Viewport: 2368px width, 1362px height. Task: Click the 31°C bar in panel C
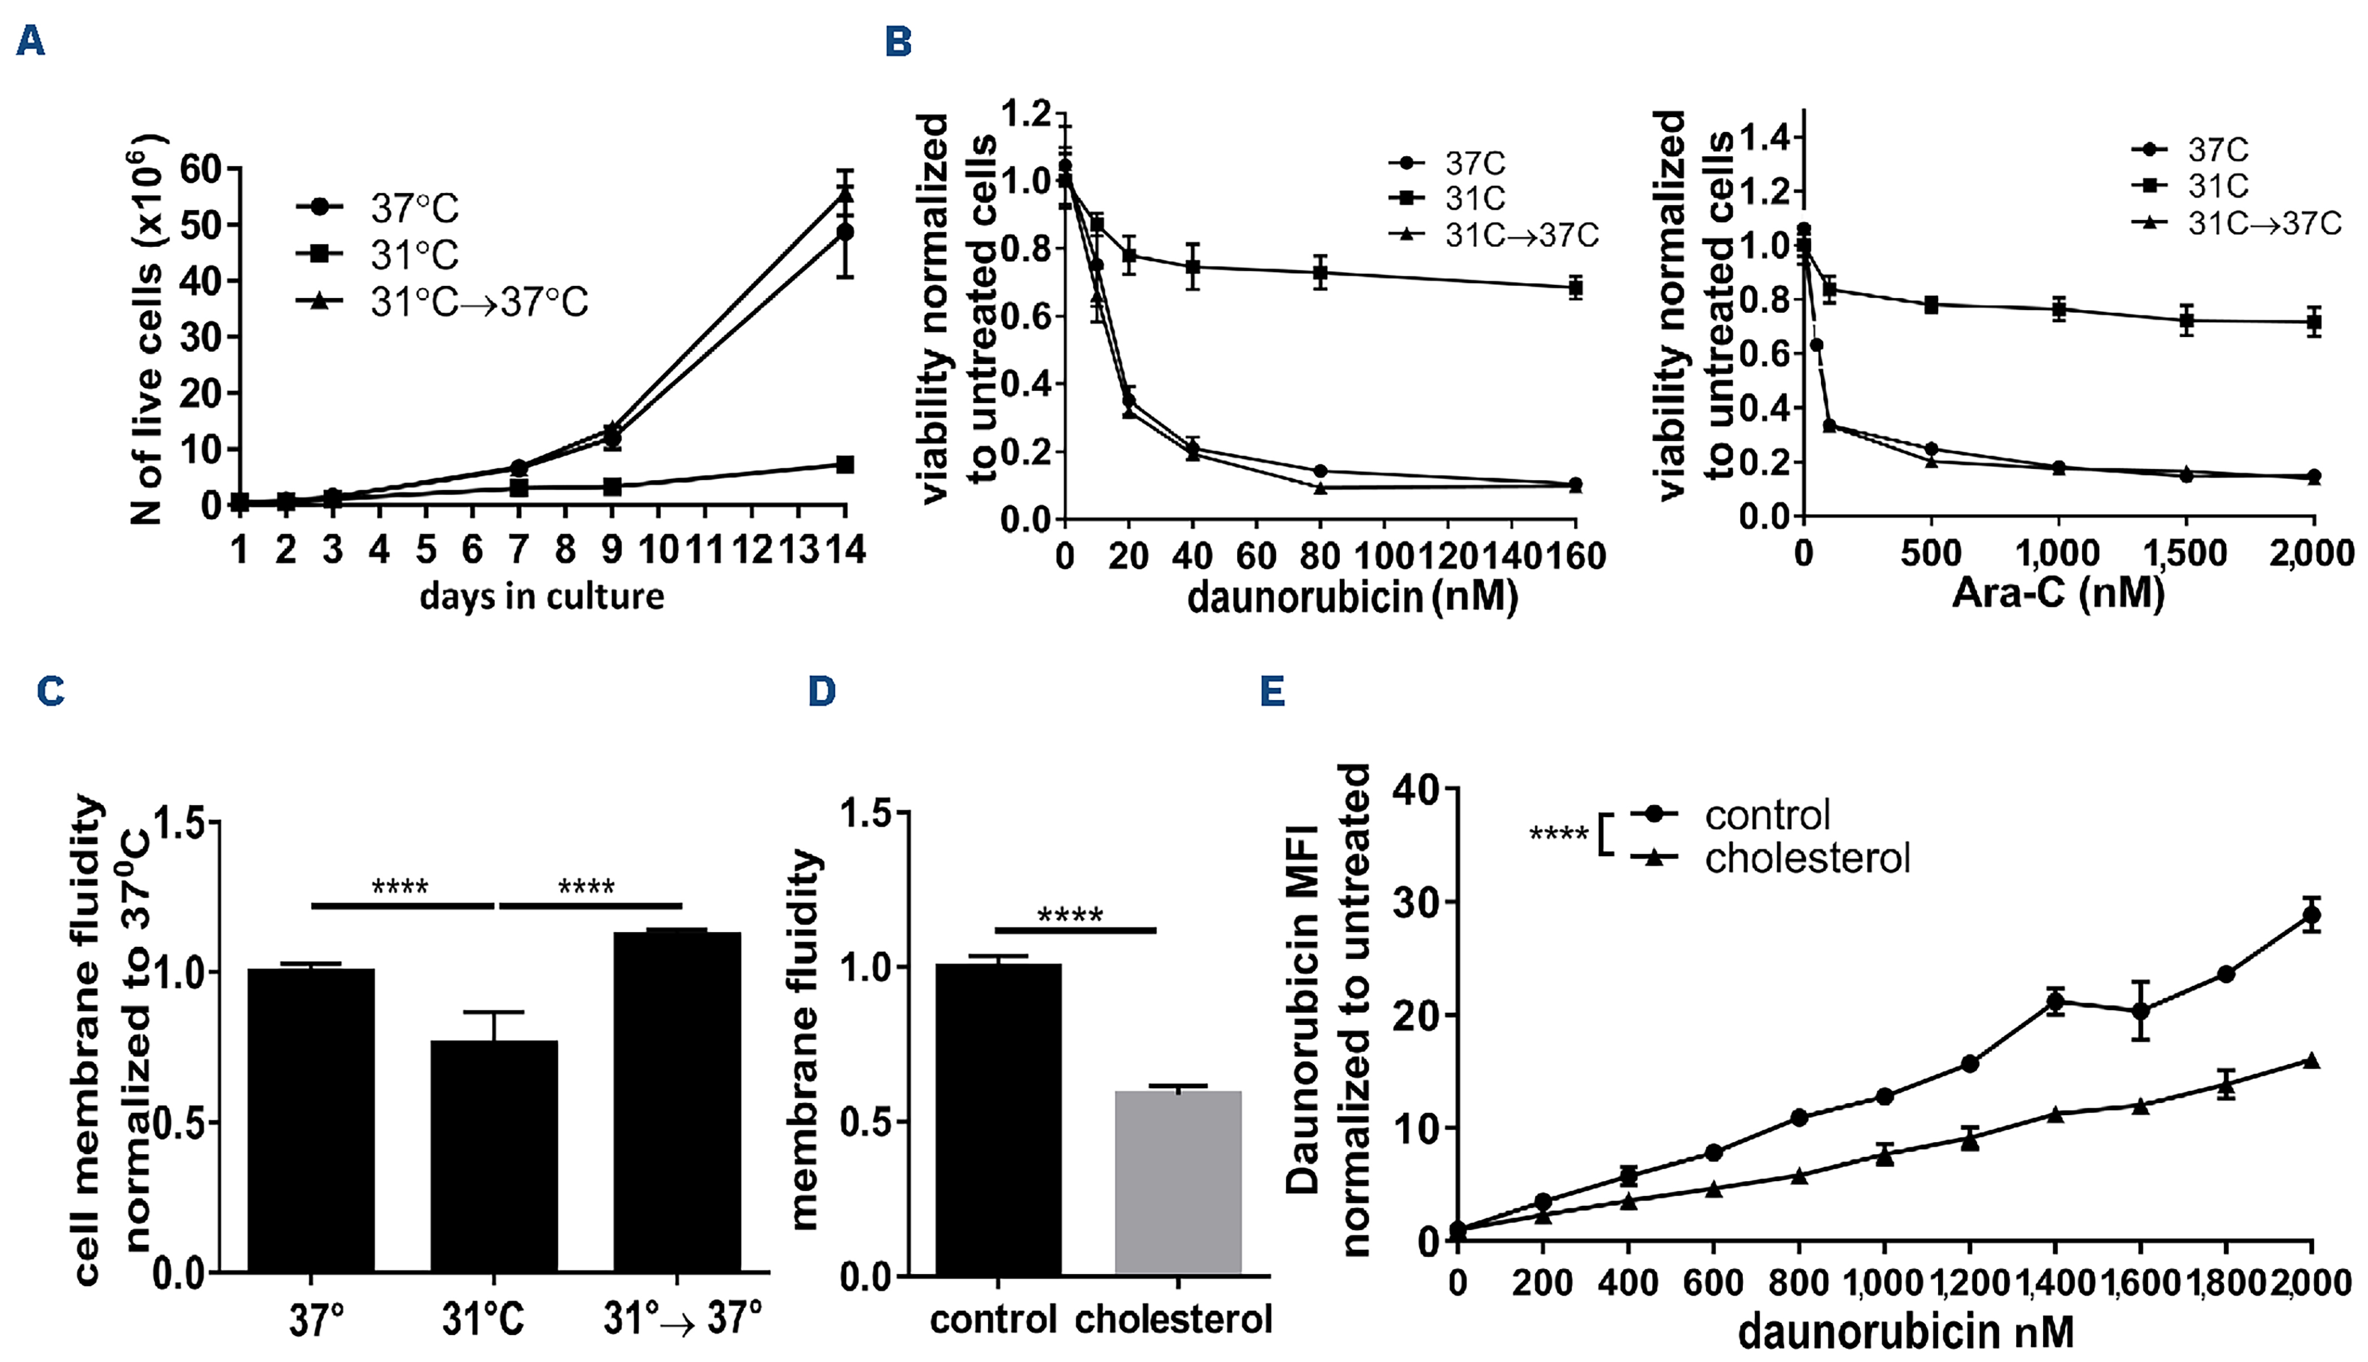click(x=494, y=1155)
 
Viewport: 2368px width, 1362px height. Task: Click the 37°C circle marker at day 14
click(x=844, y=232)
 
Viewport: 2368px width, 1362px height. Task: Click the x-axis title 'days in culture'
click(x=541, y=596)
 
